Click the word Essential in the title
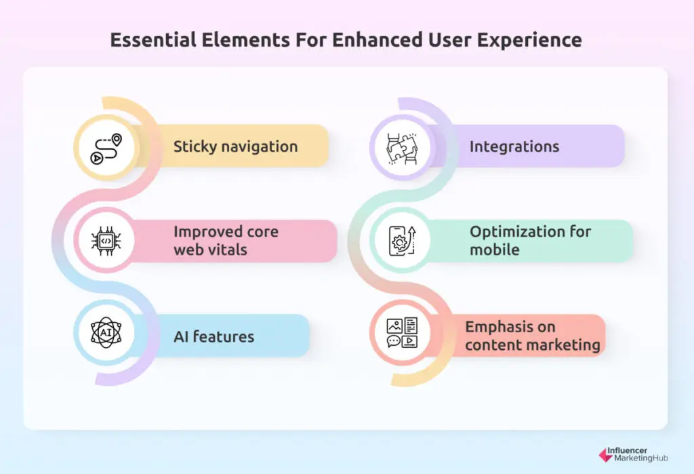153,40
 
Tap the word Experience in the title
529,41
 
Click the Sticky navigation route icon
106,149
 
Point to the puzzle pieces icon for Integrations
402,149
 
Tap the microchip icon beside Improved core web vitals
106,241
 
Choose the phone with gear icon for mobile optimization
403,241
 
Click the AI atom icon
106,332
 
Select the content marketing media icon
402,332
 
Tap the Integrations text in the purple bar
514,147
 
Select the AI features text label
213,336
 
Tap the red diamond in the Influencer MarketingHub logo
605,455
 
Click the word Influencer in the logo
627,450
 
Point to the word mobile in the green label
494,250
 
